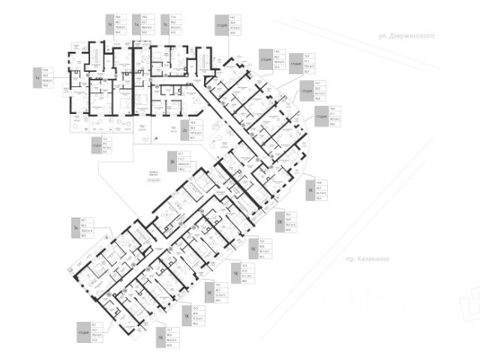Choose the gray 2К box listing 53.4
coord(279,222)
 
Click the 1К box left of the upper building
coord(36,75)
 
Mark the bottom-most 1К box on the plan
coord(160,338)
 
